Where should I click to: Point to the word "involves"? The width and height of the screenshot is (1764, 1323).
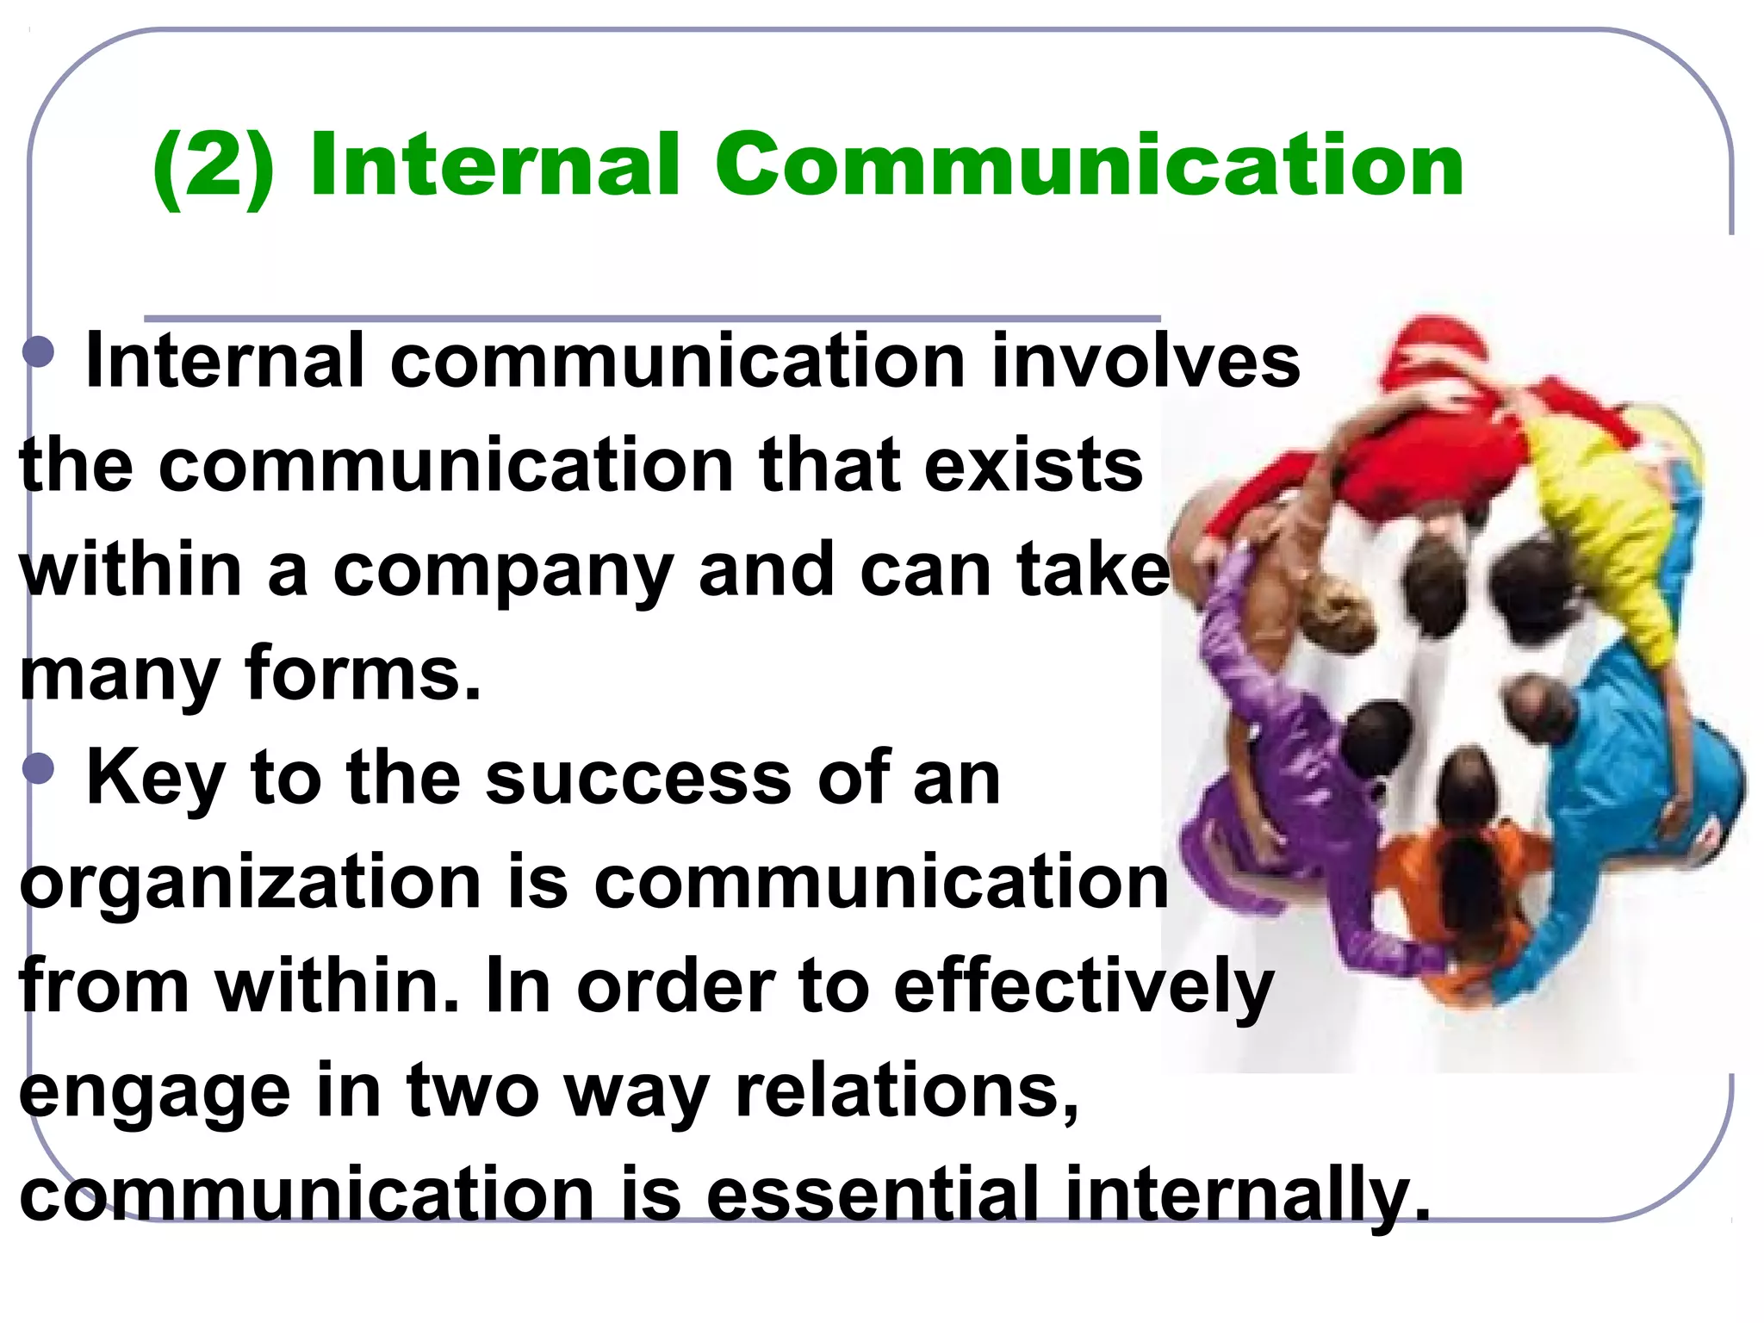pyautogui.click(x=1146, y=362)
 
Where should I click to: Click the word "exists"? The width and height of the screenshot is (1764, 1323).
pyautogui.click(x=1034, y=466)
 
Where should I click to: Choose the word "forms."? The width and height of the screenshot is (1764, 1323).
pyautogui.click(x=363, y=674)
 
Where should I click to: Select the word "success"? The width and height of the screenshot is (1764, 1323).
pyautogui.click(x=638, y=779)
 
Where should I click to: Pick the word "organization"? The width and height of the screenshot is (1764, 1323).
pyautogui.click(x=250, y=885)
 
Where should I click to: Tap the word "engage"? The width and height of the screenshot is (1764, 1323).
pyautogui.click(x=155, y=1095)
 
